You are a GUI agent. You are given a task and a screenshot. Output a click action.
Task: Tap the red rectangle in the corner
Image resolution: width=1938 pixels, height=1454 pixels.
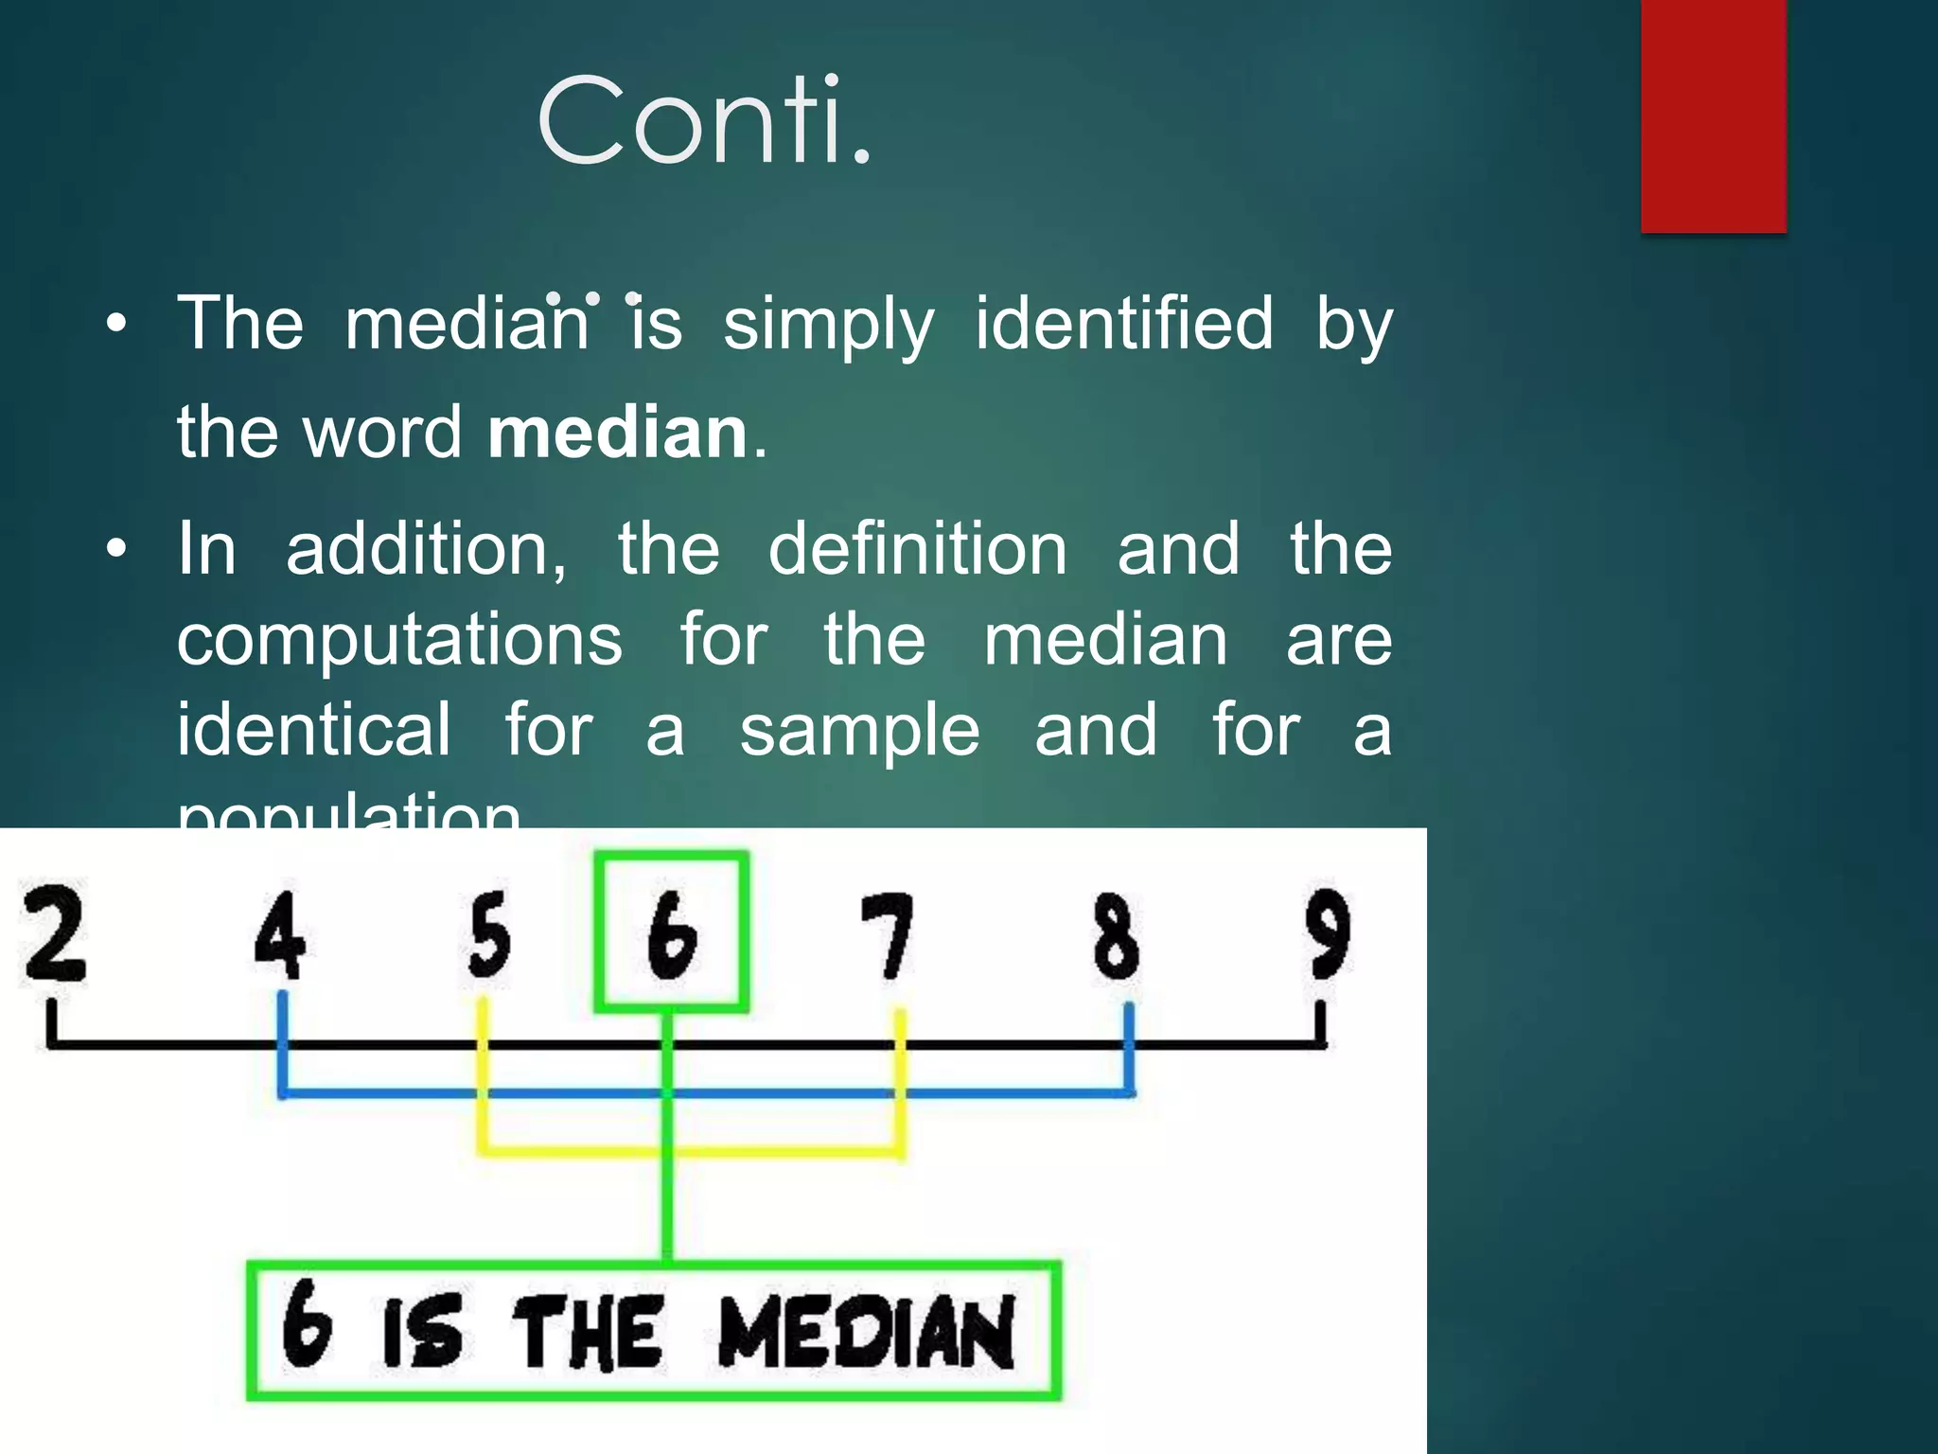1713,115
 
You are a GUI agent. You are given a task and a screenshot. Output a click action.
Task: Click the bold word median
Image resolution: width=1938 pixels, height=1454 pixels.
618,434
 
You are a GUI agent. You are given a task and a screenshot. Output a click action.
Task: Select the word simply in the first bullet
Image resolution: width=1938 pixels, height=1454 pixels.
828,325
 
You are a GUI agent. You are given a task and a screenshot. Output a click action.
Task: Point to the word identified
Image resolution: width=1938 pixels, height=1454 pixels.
1124,323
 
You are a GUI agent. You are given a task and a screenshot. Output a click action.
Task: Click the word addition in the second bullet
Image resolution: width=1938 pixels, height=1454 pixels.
426,549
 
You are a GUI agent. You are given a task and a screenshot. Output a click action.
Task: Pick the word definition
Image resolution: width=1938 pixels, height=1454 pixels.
917,549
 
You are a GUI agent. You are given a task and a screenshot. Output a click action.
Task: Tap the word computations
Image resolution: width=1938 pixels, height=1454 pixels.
399,641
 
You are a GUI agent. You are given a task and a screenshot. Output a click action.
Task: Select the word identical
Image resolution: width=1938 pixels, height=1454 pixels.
314,730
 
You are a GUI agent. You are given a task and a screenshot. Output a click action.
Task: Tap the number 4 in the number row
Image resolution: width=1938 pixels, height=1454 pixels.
280,935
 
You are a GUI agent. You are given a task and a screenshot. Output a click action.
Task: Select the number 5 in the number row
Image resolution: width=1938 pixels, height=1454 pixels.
489,935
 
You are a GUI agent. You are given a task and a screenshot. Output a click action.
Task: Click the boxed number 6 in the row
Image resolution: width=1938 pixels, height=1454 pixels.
672,933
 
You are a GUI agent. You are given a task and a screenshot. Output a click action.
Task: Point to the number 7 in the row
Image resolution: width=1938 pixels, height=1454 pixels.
887,935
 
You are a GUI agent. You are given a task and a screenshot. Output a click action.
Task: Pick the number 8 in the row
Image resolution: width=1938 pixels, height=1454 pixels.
1117,935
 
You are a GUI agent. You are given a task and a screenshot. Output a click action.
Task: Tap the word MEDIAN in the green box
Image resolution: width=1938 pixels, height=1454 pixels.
866,1332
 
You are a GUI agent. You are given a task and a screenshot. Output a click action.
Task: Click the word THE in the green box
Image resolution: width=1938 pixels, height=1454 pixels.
587,1333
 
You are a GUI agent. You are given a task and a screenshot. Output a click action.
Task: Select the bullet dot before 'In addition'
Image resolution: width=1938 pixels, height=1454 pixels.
115,549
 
